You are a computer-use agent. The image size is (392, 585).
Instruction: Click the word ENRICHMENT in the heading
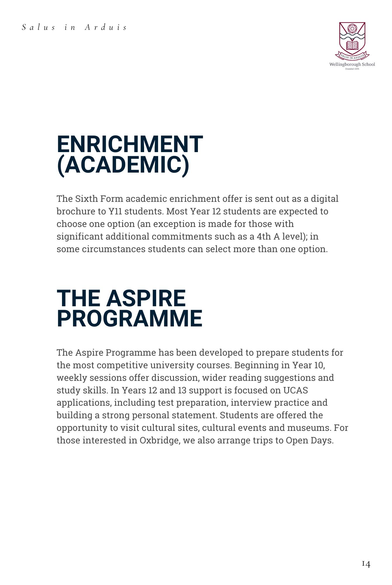(x=129, y=144)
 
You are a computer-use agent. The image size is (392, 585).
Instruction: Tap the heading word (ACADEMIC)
(x=123, y=165)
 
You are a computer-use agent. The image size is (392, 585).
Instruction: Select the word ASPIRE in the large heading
(x=146, y=298)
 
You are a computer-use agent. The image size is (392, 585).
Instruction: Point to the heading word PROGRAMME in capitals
(x=129, y=319)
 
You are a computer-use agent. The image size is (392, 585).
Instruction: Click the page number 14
(x=366, y=564)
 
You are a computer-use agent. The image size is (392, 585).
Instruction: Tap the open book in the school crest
(x=352, y=45)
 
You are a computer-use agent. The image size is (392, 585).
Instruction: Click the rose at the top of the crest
(x=352, y=29)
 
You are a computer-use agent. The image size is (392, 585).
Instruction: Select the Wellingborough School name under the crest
(x=352, y=64)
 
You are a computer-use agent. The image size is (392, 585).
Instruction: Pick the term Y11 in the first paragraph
(x=115, y=211)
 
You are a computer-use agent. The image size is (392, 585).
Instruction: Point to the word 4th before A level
(x=264, y=236)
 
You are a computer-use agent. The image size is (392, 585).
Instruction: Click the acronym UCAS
(x=295, y=390)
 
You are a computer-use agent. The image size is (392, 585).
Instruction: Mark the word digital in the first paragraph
(x=324, y=199)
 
